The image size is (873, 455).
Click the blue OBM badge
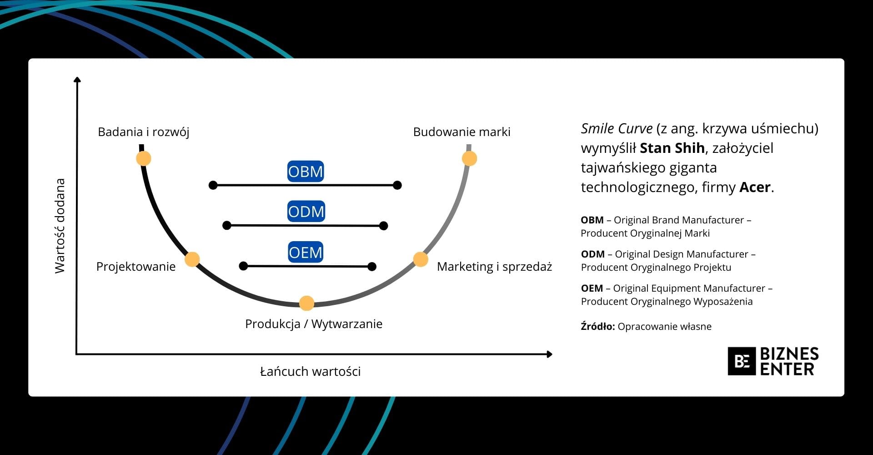306,171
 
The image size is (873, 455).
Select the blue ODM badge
306,211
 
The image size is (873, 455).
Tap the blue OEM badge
306,252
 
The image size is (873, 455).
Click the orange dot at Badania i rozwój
144,158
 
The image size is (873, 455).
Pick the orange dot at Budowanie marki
469,158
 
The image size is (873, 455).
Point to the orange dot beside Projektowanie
192,259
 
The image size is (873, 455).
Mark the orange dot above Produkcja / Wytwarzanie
307,303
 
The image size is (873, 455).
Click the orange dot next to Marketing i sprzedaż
421,259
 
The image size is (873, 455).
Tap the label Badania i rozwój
143,132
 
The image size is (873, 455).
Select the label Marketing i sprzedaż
494,267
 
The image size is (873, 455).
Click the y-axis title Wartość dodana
60,226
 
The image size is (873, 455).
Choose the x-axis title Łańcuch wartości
311,371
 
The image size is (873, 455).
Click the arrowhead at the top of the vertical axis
77,80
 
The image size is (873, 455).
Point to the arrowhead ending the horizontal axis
549,354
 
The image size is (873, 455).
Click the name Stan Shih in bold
672,148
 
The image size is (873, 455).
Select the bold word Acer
755,187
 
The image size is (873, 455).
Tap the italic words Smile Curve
617,128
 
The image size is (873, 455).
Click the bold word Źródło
597,326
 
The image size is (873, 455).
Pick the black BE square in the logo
742,361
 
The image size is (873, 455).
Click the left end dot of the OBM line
213,185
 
